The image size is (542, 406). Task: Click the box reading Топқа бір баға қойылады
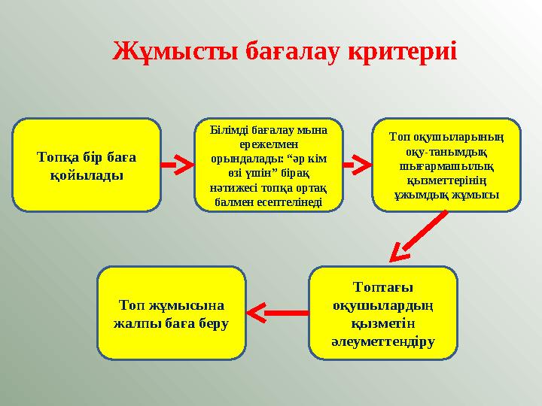pyautogui.click(x=87, y=164)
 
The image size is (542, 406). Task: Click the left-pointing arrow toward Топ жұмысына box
pyautogui.click(x=277, y=310)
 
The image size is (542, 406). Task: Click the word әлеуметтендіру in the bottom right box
pyautogui.click(x=383, y=341)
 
